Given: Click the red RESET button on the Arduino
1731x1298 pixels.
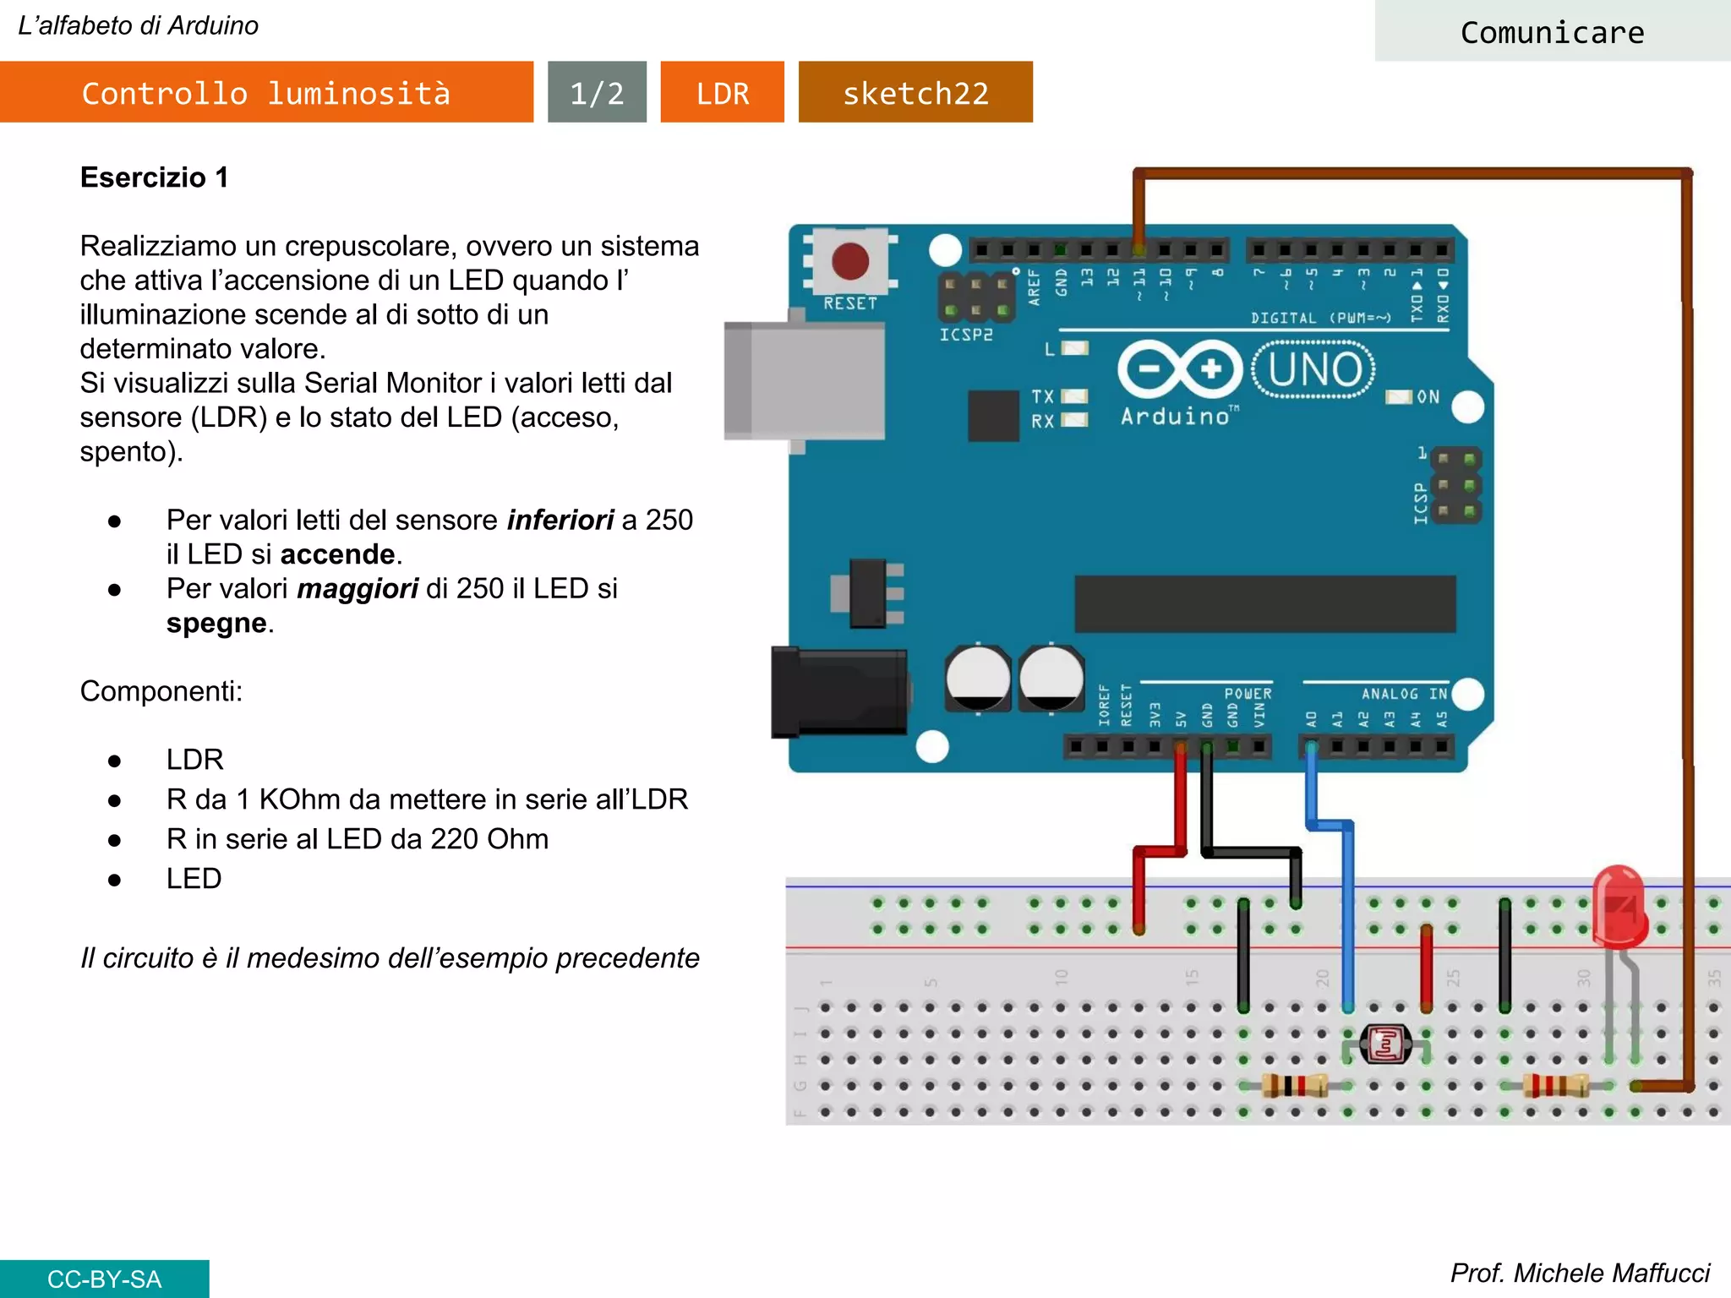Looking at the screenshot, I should point(849,261).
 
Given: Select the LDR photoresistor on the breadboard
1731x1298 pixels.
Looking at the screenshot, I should point(1386,1045).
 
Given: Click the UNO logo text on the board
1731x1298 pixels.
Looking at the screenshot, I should point(1314,369).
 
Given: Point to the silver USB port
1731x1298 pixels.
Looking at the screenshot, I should point(803,381).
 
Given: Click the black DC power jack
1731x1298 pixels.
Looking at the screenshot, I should point(838,692).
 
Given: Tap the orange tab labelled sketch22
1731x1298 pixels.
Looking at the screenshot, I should point(915,92).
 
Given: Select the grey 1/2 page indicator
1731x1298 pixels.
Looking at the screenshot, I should point(597,92).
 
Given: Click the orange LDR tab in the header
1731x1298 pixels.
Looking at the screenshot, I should point(722,92).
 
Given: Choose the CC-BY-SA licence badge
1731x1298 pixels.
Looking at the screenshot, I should point(104,1279).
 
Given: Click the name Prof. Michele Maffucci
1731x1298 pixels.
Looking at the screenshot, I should point(1580,1273).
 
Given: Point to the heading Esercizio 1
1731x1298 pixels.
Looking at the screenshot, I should point(154,177).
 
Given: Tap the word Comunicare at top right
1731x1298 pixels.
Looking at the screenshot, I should point(1552,32).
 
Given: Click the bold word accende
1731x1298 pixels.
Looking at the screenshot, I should point(337,554).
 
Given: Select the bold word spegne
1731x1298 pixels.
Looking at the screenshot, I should point(216,623).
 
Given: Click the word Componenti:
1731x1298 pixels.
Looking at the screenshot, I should point(161,691).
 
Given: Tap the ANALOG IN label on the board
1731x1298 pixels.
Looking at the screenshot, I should point(1404,694).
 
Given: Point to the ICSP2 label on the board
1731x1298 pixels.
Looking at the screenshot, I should point(966,335).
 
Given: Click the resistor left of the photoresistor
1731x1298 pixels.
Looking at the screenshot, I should point(1293,1086).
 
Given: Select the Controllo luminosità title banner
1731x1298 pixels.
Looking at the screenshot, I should point(266,92).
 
